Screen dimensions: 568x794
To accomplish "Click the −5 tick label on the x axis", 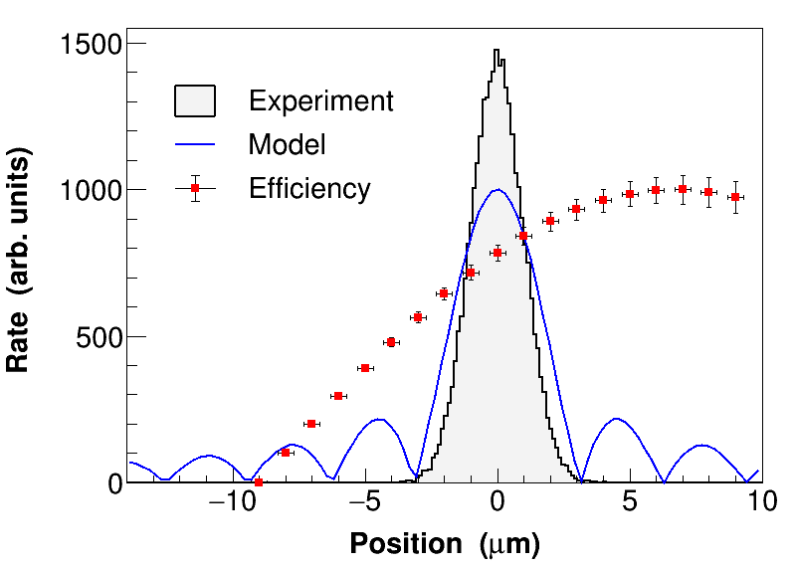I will tap(365, 502).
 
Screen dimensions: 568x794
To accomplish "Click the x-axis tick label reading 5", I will tap(630, 502).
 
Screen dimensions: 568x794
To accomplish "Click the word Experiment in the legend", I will tap(320, 101).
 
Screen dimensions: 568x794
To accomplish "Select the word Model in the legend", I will tap(287, 144).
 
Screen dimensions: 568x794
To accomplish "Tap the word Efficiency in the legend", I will tap(309, 188).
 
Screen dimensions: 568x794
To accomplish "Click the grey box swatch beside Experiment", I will tap(195, 101).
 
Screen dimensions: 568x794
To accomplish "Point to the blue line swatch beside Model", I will tap(195, 144).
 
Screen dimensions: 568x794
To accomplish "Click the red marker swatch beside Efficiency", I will tap(195, 188).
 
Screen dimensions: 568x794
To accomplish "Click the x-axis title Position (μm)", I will tap(444, 544).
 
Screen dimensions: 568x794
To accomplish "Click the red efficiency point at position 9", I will tap(735, 197).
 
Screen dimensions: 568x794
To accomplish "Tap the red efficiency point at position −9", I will tap(259, 482).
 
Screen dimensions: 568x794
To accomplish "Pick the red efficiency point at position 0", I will tap(497, 253).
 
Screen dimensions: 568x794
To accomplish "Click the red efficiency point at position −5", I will tap(365, 368).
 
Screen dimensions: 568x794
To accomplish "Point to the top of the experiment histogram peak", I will tap(497, 52).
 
